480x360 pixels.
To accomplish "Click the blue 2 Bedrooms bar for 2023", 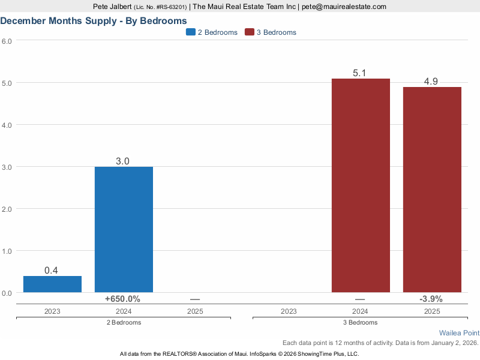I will coord(52,284).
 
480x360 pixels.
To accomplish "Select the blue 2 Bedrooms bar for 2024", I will coord(124,229).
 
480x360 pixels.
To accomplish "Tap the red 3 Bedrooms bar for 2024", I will coord(361,185).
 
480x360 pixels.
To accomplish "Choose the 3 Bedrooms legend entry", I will coord(271,32).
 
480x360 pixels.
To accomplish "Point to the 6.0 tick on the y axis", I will coord(7,41).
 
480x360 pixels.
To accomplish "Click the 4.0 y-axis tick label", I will coord(7,125).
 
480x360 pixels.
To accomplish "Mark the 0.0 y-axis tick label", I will coord(7,293).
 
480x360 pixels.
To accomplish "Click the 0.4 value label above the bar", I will coord(51,271).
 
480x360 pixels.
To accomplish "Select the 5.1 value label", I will coord(360,73).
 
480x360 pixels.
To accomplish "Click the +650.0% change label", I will coord(122,299).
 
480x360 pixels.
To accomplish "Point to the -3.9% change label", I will coord(431,299).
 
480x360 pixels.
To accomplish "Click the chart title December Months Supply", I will coord(93,20).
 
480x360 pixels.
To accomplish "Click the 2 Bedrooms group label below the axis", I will coord(123,323).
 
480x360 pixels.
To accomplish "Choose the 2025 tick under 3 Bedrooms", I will coord(431,311).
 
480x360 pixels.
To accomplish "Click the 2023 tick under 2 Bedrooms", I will coord(52,311).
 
